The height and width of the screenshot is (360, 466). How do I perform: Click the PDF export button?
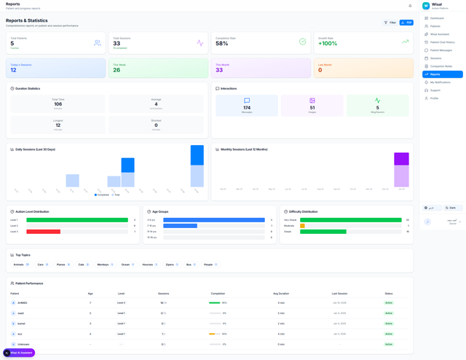[x=406, y=23]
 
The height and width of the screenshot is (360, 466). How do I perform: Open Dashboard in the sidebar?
[x=437, y=18]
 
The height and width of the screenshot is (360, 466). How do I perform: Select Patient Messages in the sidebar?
[x=441, y=50]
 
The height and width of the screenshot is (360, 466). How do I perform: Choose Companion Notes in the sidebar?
[x=441, y=66]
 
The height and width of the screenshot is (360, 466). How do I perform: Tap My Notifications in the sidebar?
[x=440, y=82]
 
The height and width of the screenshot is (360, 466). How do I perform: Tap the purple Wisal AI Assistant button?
[x=19, y=353]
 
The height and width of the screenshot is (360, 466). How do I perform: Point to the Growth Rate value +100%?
[x=328, y=44]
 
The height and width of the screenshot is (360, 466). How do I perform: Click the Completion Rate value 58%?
[x=221, y=44]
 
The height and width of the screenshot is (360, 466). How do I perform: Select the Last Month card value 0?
[x=320, y=70]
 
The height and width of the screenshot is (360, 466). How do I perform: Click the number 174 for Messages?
[x=247, y=108]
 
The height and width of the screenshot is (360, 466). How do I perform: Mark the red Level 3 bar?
[x=44, y=232]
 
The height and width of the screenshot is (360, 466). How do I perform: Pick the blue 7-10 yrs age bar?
[x=180, y=226]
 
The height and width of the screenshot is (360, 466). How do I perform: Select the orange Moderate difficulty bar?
[x=302, y=226]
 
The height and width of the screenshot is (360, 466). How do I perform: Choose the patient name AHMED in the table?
[x=23, y=302]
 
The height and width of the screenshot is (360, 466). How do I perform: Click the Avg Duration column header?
[x=281, y=294]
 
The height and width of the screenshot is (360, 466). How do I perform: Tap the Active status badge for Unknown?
[x=389, y=344]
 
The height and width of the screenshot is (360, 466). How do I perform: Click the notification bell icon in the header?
[x=410, y=6]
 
